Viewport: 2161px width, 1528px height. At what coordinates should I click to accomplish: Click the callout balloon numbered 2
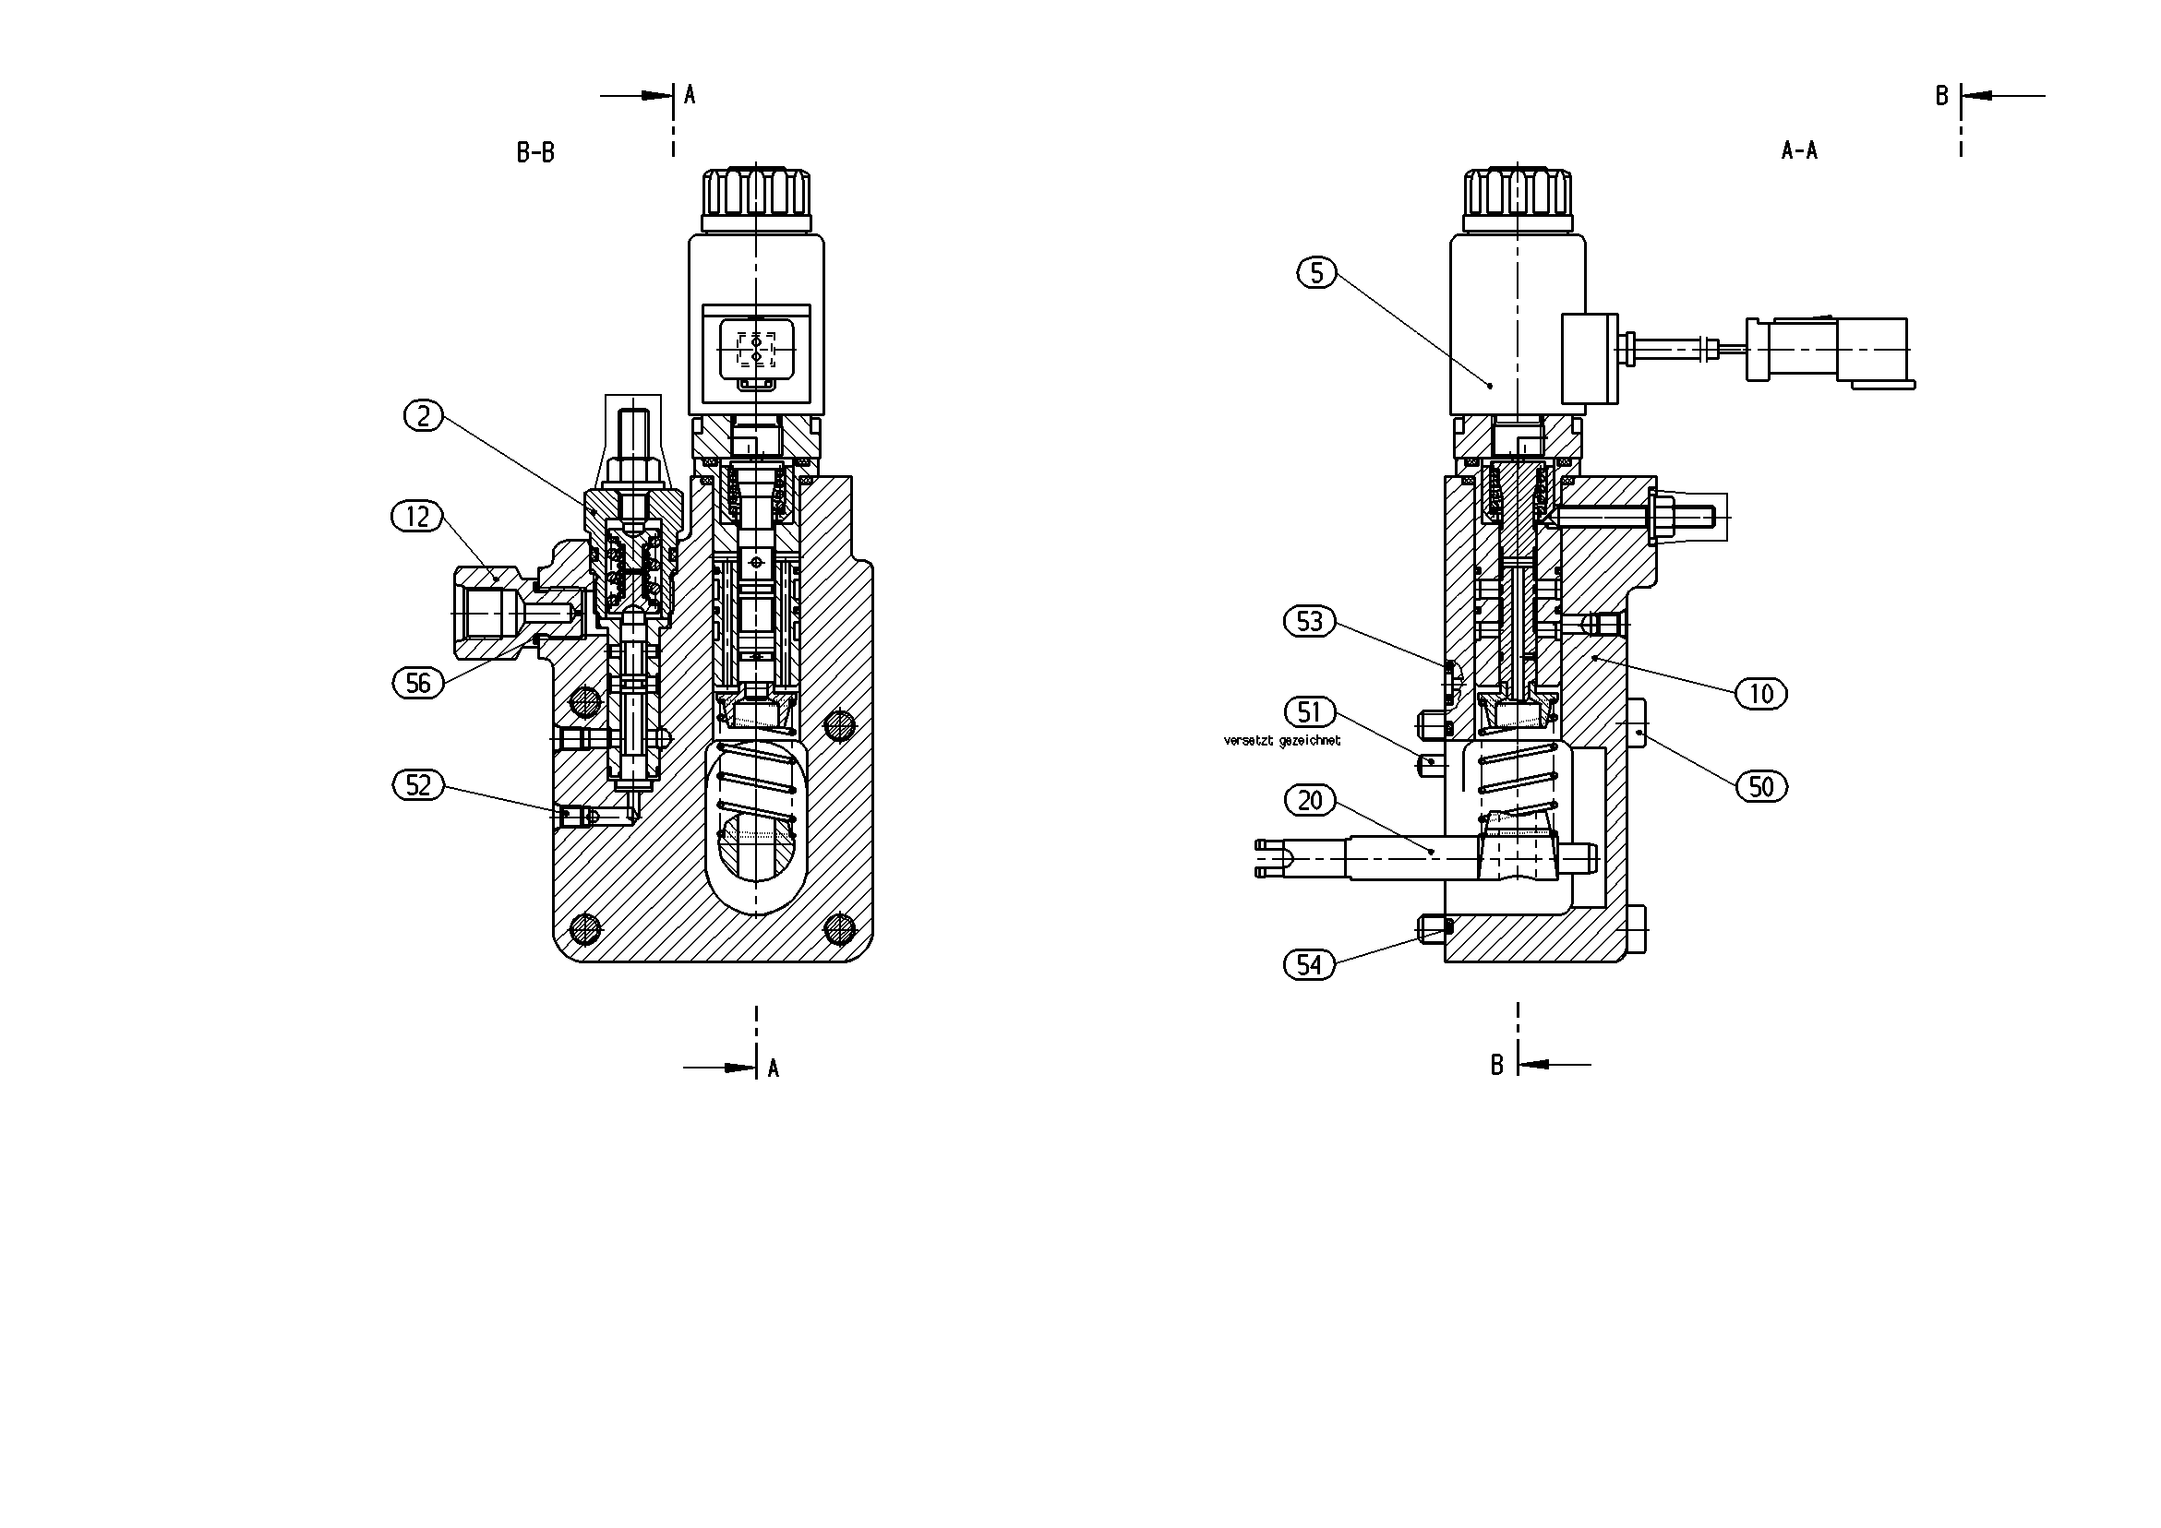coord(424,416)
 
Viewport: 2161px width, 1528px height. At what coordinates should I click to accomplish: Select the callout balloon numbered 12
coord(417,517)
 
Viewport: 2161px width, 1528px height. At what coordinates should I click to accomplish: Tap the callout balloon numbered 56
coord(418,683)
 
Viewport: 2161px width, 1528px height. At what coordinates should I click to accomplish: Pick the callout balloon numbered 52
coord(418,784)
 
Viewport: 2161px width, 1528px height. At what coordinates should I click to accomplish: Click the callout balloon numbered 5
coord(1316,273)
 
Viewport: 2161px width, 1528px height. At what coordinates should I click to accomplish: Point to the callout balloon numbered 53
coord(1310,622)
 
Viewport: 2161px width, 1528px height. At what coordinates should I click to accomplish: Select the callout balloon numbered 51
coord(1310,712)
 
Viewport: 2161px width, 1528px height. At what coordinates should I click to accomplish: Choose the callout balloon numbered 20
coord(1310,801)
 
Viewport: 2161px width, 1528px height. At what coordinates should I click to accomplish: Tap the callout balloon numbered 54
coord(1310,964)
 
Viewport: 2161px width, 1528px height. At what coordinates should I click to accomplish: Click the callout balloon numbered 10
coord(1761,695)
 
